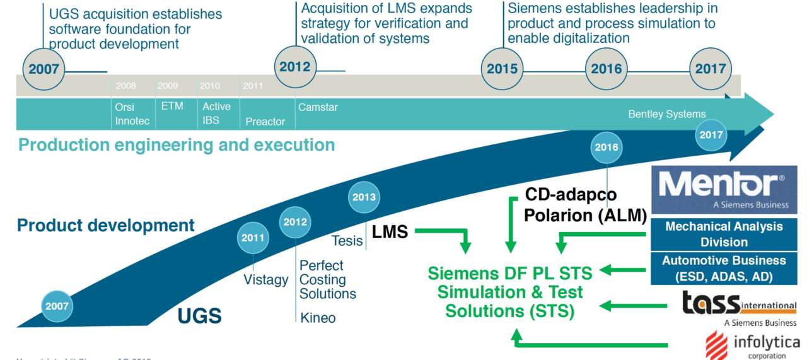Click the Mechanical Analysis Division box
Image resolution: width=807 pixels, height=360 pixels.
click(x=724, y=234)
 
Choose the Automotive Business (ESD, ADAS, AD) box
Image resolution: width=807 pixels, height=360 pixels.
click(x=724, y=268)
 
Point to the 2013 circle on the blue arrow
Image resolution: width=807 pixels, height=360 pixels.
click(x=364, y=197)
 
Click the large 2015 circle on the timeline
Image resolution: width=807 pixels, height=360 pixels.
click(x=502, y=69)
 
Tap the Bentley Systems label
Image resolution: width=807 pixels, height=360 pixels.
click(x=666, y=114)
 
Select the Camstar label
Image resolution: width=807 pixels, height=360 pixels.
click(x=318, y=107)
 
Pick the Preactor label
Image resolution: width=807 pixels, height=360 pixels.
click(x=265, y=121)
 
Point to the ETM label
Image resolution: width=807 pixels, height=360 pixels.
click(x=172, y=106)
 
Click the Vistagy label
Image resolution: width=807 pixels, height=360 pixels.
click(x=266, y=279)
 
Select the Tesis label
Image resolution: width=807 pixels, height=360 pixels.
click(x=347, y=240)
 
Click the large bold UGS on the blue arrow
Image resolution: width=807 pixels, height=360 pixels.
click(x=199, y=315)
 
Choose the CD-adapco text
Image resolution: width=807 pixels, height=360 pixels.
click(x=571, y=194)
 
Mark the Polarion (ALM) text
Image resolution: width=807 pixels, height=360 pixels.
click(x=586, y=216)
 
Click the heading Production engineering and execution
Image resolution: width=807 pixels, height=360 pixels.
click(x=177, y=145)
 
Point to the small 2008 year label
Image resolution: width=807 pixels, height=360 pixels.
click(x=125, y=86)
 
